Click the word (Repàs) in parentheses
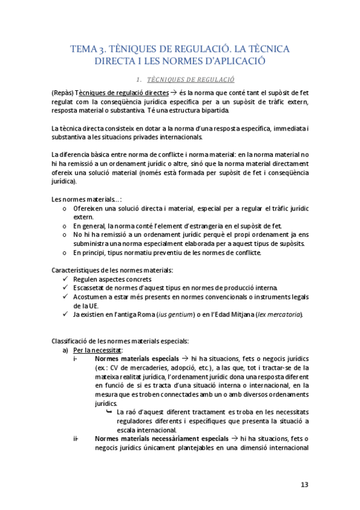63,93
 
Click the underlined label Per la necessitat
97,350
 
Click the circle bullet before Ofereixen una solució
65,208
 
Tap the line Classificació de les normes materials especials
120,341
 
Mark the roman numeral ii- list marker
76,438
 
